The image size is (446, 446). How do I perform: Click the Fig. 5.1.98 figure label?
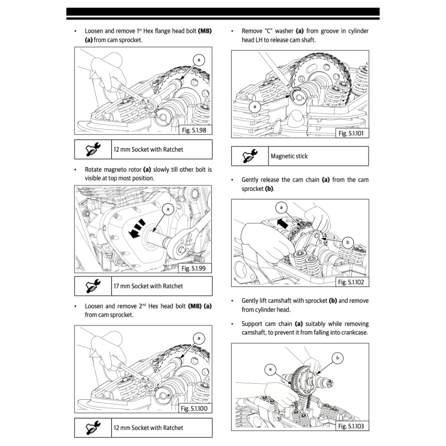(194, 130)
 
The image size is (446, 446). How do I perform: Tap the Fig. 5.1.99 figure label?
(194, 268)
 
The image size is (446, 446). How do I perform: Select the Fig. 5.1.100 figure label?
(194, 409)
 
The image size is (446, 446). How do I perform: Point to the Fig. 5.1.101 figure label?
(351, 133)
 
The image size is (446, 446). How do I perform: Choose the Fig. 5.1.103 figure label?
(351, 426)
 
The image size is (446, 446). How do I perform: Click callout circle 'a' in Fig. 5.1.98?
(199, 59)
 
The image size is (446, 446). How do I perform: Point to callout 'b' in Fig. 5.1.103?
(338, 358)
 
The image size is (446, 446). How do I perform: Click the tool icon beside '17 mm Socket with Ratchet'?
(93, 286)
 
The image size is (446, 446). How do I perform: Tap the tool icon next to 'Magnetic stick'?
(250, 156)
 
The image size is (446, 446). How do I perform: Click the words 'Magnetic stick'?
(289, 156)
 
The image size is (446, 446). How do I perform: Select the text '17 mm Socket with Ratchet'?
(148, 286)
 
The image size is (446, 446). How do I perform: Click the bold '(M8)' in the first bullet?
(205, 31)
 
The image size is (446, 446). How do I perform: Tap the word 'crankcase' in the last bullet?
(353, 332)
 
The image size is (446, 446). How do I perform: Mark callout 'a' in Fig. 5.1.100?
(199, 338)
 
